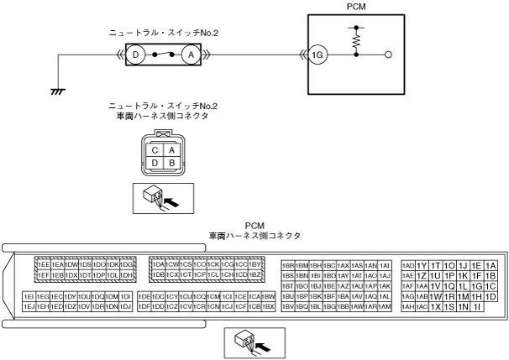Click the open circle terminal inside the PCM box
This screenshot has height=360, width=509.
[x=388, y=55]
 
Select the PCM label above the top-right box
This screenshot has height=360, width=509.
[x=356, y=7]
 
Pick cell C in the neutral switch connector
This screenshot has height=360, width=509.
[x=156, y=149]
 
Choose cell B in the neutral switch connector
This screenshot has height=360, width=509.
[x=171, y=162]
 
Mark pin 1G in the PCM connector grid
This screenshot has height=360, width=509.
[x=476, y=286]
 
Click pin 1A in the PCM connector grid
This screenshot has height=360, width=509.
[x=491, y=264]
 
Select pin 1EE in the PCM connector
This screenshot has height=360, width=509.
[x=40, y=264]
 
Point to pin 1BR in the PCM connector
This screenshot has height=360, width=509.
[x=287, y=264]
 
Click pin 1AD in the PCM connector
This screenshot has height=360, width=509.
[x=408, y=264]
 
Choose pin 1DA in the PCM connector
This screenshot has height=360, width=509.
[x=157, y=264]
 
